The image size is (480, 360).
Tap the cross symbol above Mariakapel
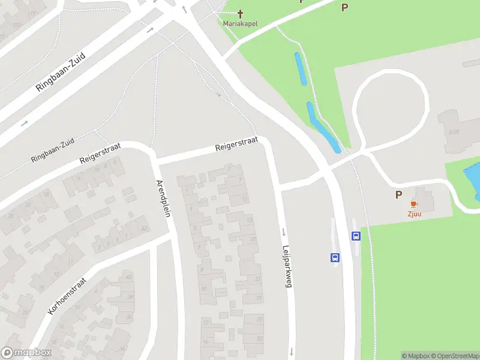click(241, 14)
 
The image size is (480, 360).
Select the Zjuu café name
click(414, 213)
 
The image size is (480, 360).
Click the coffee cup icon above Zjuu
click(414, 204)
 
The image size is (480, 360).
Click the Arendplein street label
click(164, 198)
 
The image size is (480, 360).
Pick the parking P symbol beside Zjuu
click(398, 194)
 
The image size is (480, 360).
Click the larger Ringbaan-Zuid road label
click(61, 71)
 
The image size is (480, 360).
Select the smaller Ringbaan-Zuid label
click(53, 150)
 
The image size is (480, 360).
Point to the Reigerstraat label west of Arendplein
click(101, 154)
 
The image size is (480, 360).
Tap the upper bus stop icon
click(356, 236)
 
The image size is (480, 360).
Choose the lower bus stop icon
click(335, 258)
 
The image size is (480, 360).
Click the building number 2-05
click(454, 131)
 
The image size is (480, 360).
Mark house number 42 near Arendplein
click(144, 229)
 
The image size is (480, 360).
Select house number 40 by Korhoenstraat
click(128, 277)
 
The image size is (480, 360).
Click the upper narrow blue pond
click(300, 69)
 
